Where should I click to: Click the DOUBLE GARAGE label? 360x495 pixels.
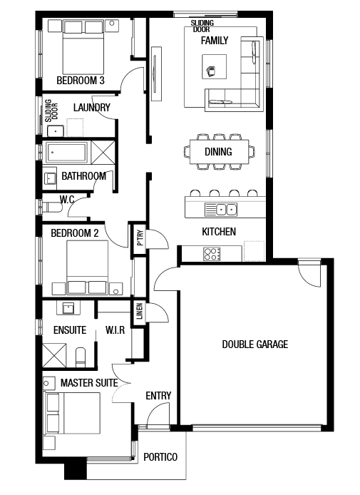255,344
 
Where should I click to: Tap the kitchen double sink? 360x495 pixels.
221,209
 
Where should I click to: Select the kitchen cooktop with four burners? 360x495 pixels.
212,254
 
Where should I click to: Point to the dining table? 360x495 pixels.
220,152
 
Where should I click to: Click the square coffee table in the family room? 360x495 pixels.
215,66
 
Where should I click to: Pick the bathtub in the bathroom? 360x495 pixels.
66,152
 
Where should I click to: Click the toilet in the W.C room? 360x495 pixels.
52,208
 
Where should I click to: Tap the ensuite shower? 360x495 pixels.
54,356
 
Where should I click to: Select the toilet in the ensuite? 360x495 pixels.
81,357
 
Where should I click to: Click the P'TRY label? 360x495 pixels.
140,238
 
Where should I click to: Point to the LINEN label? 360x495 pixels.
140,311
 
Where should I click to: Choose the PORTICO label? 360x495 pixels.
160,457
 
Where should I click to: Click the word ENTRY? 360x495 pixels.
158,396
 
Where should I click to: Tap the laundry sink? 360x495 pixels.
55,131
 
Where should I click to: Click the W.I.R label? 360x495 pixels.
115,330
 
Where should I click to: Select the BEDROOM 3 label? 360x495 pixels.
81,81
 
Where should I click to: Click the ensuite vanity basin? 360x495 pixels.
68,307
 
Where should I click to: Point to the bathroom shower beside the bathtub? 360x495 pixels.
103,153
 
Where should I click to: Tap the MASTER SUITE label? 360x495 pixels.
89,383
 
